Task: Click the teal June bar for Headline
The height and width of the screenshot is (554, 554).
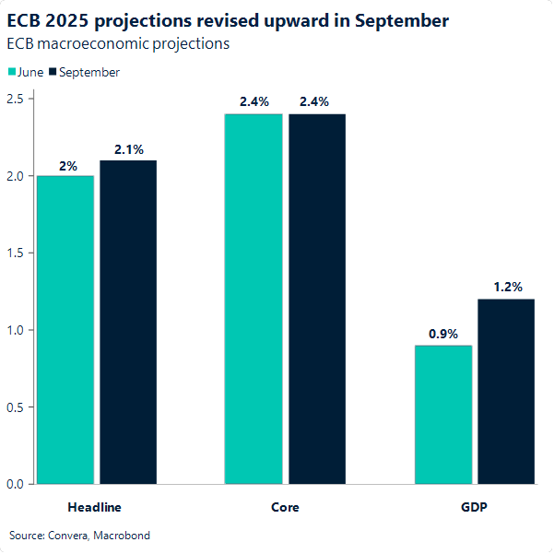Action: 65,329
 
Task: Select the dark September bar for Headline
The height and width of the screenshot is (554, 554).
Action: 128,322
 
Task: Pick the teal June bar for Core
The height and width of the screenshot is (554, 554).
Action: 253,299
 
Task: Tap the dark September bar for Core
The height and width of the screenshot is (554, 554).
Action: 317,299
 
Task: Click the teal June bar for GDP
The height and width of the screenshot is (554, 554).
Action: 443,414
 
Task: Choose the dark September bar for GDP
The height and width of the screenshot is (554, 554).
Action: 506,391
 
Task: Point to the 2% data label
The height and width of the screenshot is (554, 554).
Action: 68,166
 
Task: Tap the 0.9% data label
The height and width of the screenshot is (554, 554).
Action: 442,335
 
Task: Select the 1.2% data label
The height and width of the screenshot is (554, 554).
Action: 507,288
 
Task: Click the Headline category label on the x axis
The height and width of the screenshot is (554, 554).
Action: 95,507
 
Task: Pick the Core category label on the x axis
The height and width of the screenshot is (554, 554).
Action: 285,507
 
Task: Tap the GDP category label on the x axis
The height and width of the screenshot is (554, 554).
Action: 475,507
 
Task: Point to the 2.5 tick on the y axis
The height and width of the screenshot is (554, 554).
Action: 16,99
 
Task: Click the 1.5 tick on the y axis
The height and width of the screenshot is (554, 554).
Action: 16,253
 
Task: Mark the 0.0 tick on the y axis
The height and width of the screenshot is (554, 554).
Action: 16,483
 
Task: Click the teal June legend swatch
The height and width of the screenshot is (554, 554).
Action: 11,72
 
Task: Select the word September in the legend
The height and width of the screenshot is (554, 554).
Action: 89,72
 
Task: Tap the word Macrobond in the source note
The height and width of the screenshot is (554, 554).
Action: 123,535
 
